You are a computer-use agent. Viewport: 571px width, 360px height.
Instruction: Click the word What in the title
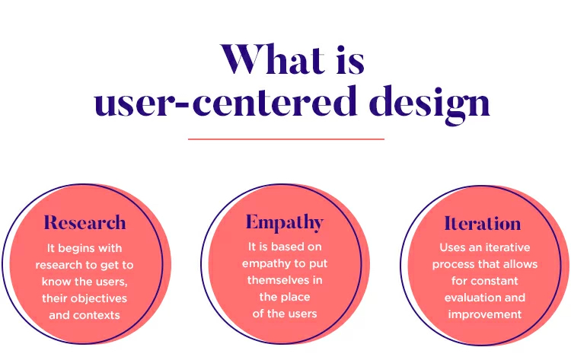pyautogui.click(x=273, y=59)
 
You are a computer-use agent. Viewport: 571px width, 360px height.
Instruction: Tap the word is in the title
pyautogui.click(x=350, y=60)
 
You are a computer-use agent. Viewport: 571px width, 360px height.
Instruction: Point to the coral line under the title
pyautogui.click(x=286, y=139)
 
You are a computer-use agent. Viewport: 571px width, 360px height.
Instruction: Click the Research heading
pyautogui.click(x=85, y=222)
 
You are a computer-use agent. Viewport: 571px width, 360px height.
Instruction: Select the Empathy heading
pyautogui.click(x=285, y=222)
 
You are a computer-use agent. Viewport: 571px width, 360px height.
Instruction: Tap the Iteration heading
pyautogui.click(x=483, y=223)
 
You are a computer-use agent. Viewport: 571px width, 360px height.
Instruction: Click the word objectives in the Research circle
pyautogui.click(x=99, y=298)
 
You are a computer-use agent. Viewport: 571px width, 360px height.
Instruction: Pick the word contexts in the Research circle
pyautogui.click(x=97, y=315)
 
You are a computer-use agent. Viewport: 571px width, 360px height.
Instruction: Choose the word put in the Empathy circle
pyautogui.click(x=318, y=264)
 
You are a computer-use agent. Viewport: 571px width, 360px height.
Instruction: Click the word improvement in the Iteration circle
pyautogui.click(x=485, y=314)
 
